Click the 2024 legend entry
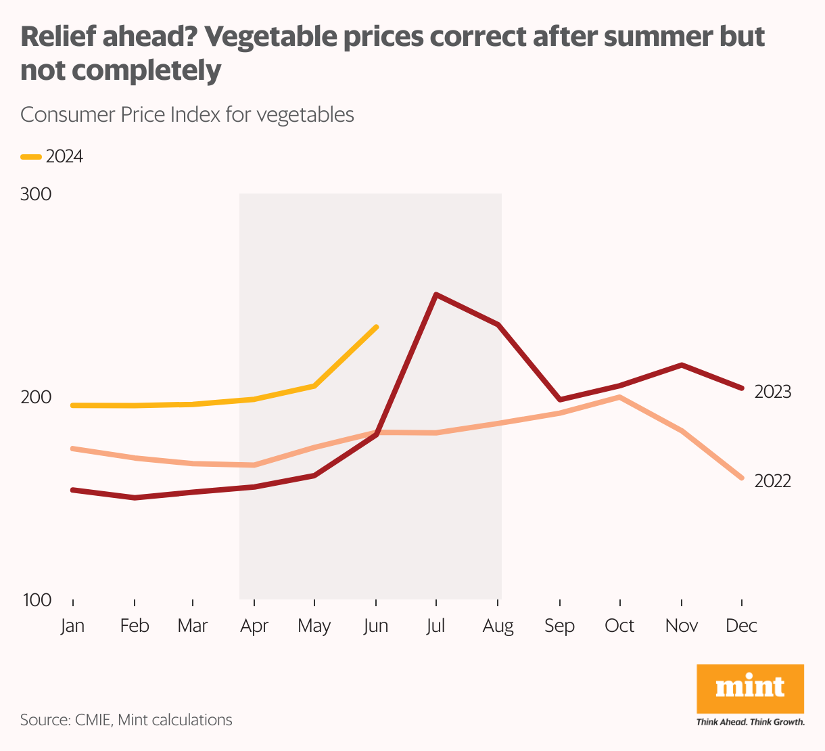point(53,157)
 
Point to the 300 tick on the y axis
point(36,195)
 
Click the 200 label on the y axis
point(36,397)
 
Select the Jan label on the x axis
point(72,626)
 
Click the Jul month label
point(435,626)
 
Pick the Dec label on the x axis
point(741,626)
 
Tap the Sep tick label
point(559,626)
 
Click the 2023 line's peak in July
point(437,294)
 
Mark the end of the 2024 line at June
point(376,327)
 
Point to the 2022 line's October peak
point(619,397)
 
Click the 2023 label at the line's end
point(772,392)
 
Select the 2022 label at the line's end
point(772,481)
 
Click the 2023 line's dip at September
point(560,400)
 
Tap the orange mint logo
point(750,688)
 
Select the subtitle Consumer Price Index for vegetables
point(187,114)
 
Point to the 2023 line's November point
point(681,365)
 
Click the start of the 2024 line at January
point(72,405)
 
